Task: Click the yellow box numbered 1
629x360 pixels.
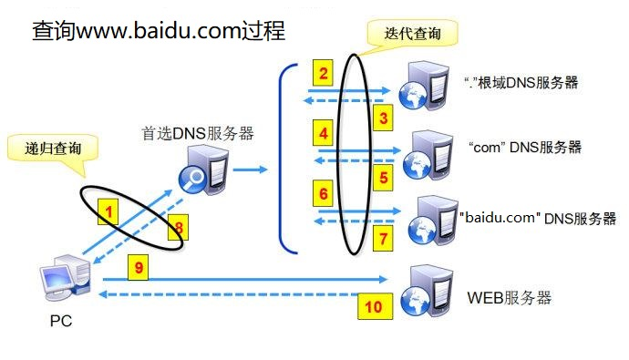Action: click(x=108, y=212)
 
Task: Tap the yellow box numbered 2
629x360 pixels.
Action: click(x=325, y=72)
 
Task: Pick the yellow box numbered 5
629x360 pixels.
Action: click(x=384, y=177)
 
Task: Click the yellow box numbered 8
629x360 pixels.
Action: click(x=179, y=227)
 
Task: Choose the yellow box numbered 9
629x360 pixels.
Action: click(x=139, y=267)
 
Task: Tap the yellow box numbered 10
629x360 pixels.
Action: click(x=373, y=307)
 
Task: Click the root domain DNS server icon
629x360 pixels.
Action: click(x=429, y=86)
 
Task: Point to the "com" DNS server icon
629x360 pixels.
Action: click(x=429, y=149)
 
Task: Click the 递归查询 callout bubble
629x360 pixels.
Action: click(x=51, y=150)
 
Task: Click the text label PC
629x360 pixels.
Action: click(x=60, y=321)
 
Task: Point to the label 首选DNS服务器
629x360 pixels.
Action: click(x=198, y=133)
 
